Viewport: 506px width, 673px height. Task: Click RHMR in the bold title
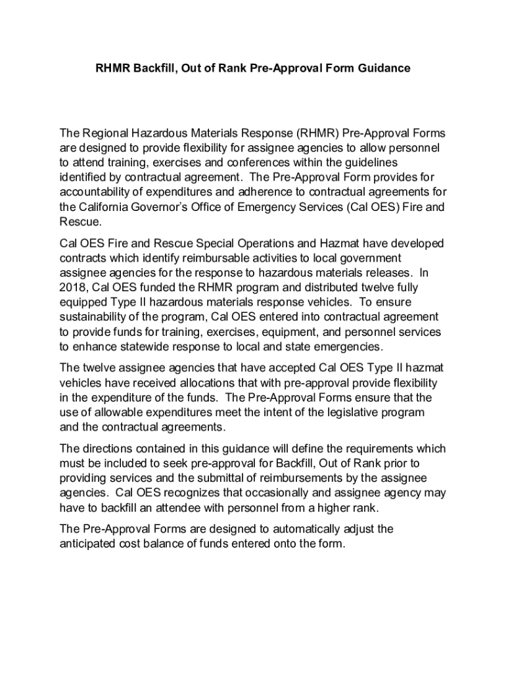pyautogui.click(x=110, y=68)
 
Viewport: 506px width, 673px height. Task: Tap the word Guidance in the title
pyautogui.click(x=383, y=68)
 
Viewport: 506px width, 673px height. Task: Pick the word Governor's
pyautogui.click(x=192, y=207)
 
